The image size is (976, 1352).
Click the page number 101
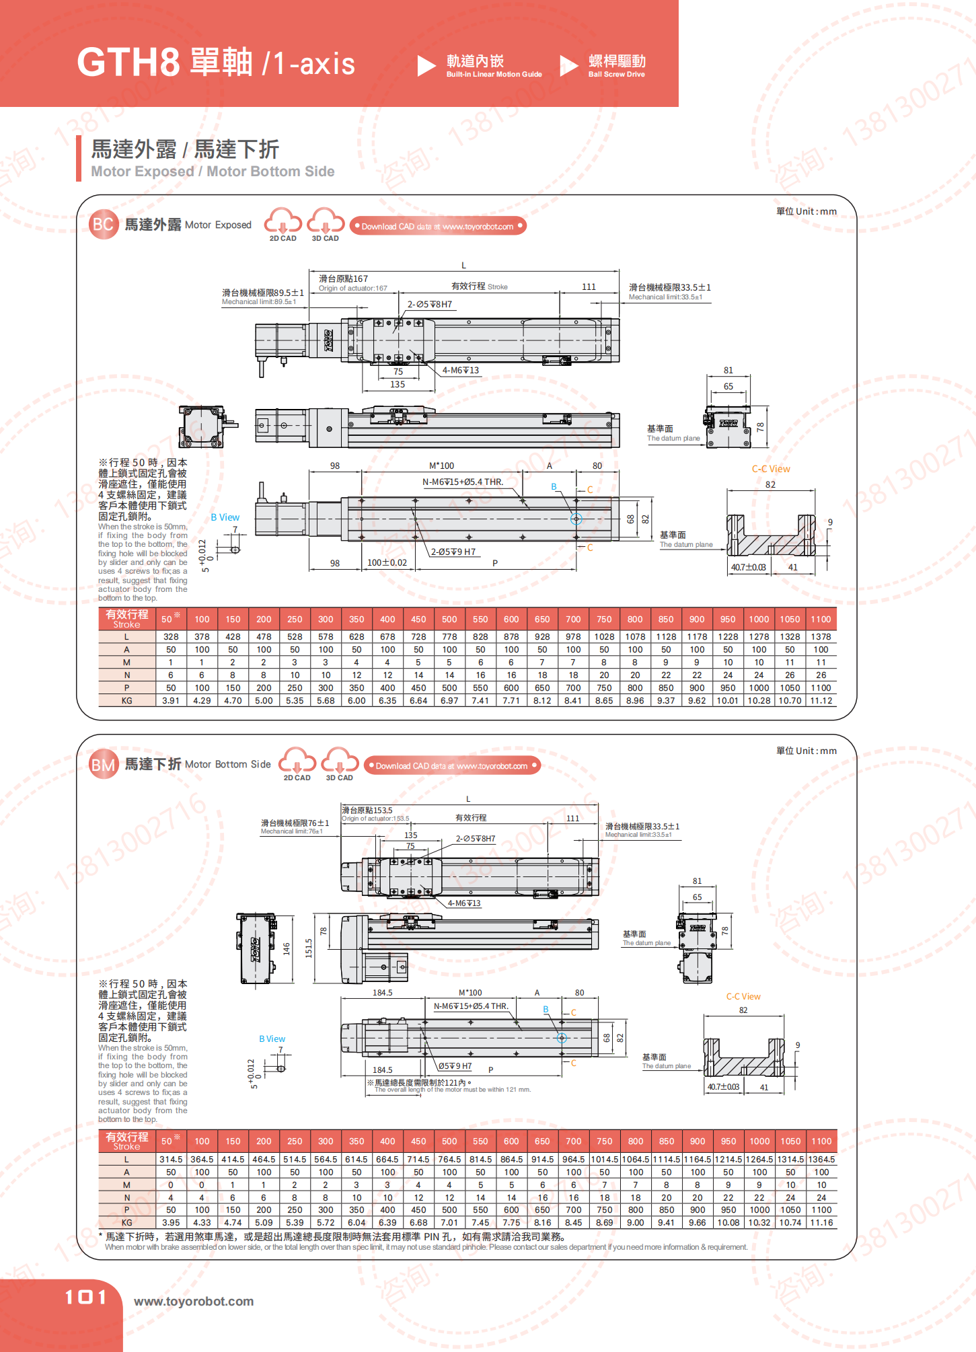(x=85, y=1297)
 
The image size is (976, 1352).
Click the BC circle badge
(x=103, y=225)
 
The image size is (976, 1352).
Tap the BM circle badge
(x=103, y=765)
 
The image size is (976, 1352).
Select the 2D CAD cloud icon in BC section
(x=283, y=222)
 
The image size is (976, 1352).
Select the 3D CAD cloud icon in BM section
(x=340, y=761)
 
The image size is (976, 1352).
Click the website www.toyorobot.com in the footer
(x=194, y=1301)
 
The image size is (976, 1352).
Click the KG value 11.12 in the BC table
(x=821, y=700)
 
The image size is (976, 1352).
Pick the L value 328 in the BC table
(x=171, y=636)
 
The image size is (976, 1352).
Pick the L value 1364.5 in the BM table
(x=821, y=1159)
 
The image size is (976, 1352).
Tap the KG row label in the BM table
(x=126, y=1222)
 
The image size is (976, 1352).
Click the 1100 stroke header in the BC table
(x=821, y=619)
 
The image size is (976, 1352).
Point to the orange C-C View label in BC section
(x=771, y=469)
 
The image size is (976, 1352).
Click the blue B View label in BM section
(x=272, y=1039)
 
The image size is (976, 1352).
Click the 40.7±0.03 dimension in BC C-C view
(x=748, y=567)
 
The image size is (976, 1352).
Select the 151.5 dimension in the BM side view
(x=309, y=948)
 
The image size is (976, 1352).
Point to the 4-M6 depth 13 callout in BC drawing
(x=461, y=370)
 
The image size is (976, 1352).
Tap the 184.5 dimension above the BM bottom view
(x=382, y=992)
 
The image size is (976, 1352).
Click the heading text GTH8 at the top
(x=128, y=63)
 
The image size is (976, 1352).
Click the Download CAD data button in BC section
(x=437, y=226)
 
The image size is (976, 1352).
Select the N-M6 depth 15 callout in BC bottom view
(x=462, y=482)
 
